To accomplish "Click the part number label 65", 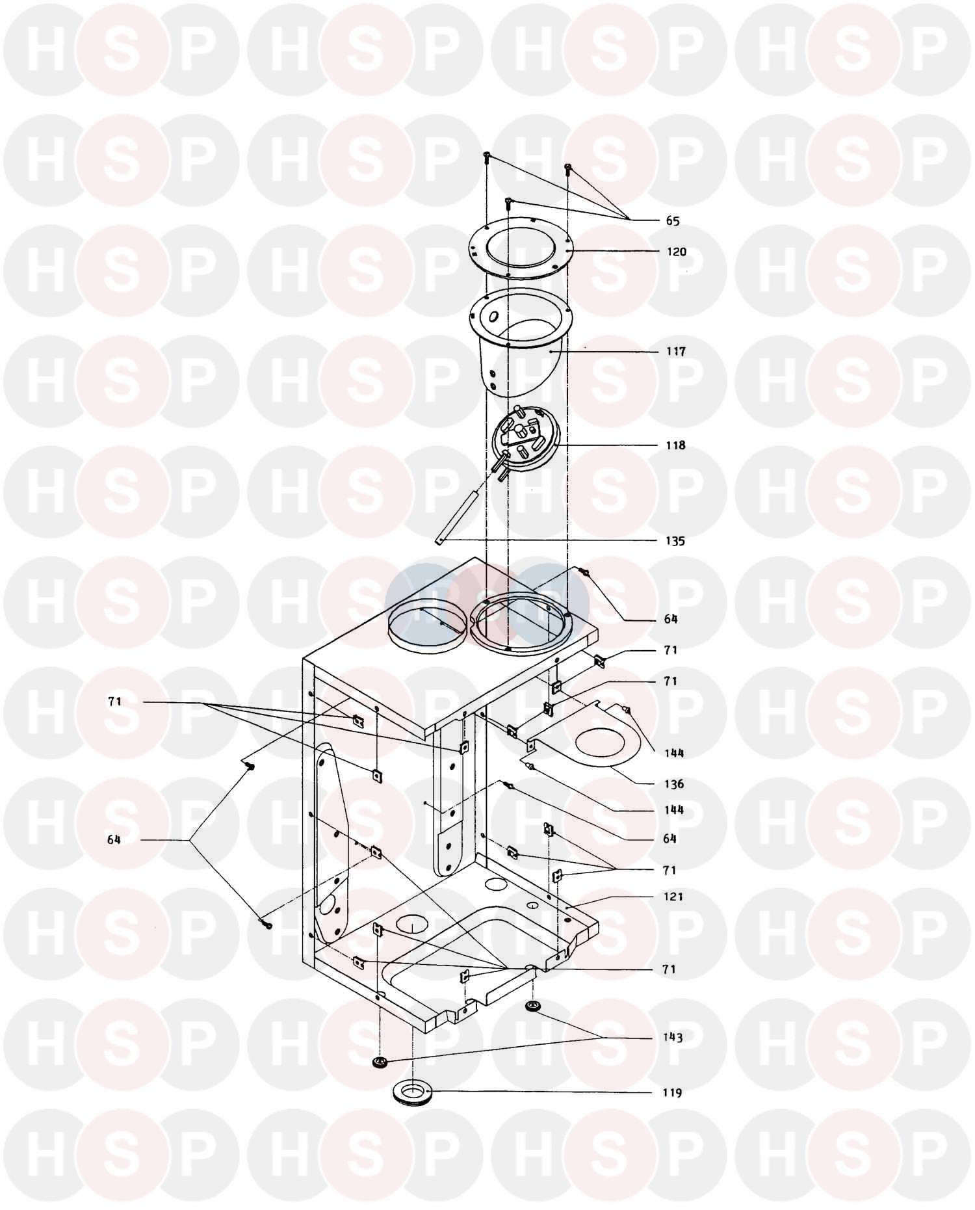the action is click(672, 221).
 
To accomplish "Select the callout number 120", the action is click(676, 252).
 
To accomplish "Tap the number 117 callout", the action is click(675, 351).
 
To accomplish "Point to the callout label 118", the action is click(675, 445).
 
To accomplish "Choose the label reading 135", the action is click(675, 541).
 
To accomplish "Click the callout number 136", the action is click(674, 783).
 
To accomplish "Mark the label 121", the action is click(673, 897).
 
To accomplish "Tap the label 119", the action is click(672, 1092).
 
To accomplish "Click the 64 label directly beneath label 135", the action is click(671, 619).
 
